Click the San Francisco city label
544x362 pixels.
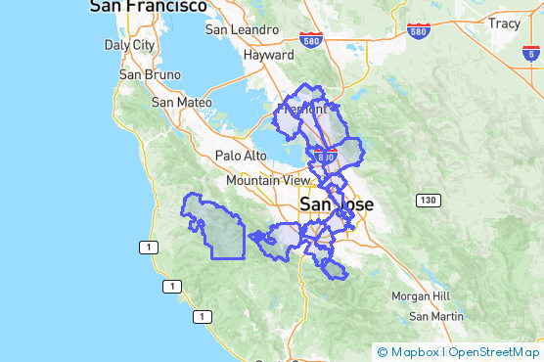[x=148, y=7]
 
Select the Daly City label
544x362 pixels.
[x=129, y=45]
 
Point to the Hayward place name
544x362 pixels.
[x=268, y=56]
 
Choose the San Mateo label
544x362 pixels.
[x=181, y=102]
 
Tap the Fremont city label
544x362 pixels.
[x=302, y=110]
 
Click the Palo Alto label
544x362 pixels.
[x=241, y=156]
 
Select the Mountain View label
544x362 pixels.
[x=268, y=181]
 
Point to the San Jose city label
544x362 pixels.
[x=337, y=204]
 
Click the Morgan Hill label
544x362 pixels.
[x=420, y=295]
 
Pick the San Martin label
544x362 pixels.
[x=436, y=316]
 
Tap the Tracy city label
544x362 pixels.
[x=505, y=23]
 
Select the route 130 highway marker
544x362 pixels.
[x=426, y=201]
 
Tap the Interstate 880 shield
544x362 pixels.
[x=326, y=156]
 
